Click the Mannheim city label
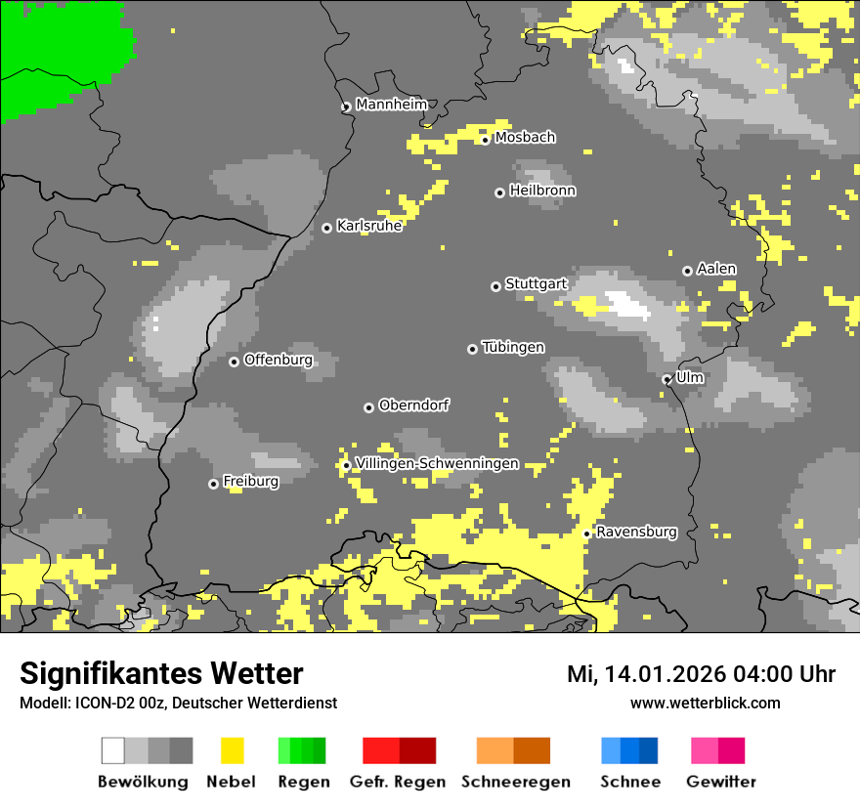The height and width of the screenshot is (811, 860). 391,105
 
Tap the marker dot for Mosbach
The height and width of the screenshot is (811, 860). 485,140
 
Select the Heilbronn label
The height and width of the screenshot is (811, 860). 542,191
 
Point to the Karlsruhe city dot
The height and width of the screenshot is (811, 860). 326,228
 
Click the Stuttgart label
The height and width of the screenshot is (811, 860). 537,283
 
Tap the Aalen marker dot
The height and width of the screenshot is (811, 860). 687,271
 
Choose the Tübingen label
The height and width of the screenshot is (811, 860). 513,347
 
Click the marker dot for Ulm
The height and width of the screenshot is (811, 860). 666,379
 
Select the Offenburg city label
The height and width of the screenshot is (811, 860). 278,360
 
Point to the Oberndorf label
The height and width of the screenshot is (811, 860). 413,405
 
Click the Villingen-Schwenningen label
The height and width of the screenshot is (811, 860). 437,463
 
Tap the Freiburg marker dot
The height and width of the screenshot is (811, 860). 213,484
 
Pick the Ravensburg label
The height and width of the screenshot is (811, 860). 636,532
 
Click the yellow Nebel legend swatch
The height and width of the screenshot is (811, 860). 233,750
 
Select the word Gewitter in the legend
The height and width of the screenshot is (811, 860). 720,782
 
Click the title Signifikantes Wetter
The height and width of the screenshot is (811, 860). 161,673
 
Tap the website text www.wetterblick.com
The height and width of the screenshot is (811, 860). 705,703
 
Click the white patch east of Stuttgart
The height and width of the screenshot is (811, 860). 628,306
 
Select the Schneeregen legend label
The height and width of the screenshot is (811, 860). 515,782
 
